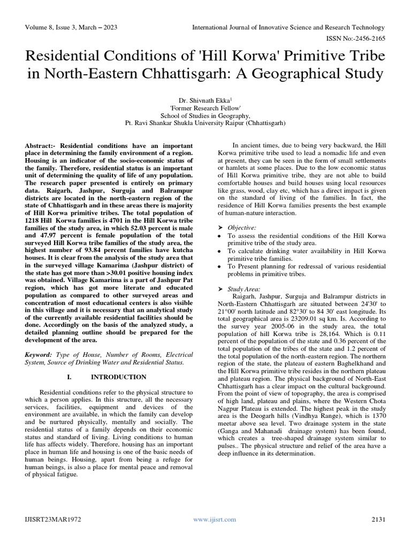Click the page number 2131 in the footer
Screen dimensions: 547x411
[377, 519]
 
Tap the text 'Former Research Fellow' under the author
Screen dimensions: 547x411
[205, 107]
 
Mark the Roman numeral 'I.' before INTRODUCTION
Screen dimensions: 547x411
[69, 377]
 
